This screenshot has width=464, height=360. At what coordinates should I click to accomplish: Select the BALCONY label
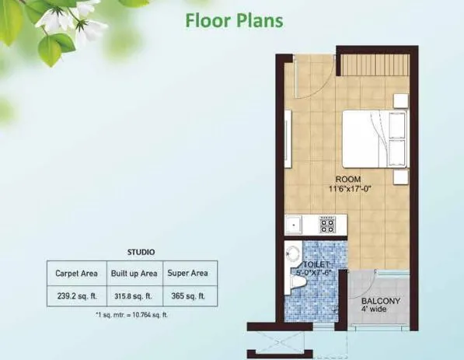point(380,301)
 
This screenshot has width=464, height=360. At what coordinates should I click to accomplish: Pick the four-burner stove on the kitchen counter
point(327,225)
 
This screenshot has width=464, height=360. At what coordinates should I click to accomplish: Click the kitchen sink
point(295,225)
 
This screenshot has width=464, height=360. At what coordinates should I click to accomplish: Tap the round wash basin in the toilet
point(294,255)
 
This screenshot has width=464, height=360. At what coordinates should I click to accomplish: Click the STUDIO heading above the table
point(141,252)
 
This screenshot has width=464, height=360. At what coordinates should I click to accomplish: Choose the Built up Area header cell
point(134,274)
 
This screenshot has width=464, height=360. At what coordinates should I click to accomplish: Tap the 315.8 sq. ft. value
point(134,296)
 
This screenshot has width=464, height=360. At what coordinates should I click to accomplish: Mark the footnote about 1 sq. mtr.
point(131,315)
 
